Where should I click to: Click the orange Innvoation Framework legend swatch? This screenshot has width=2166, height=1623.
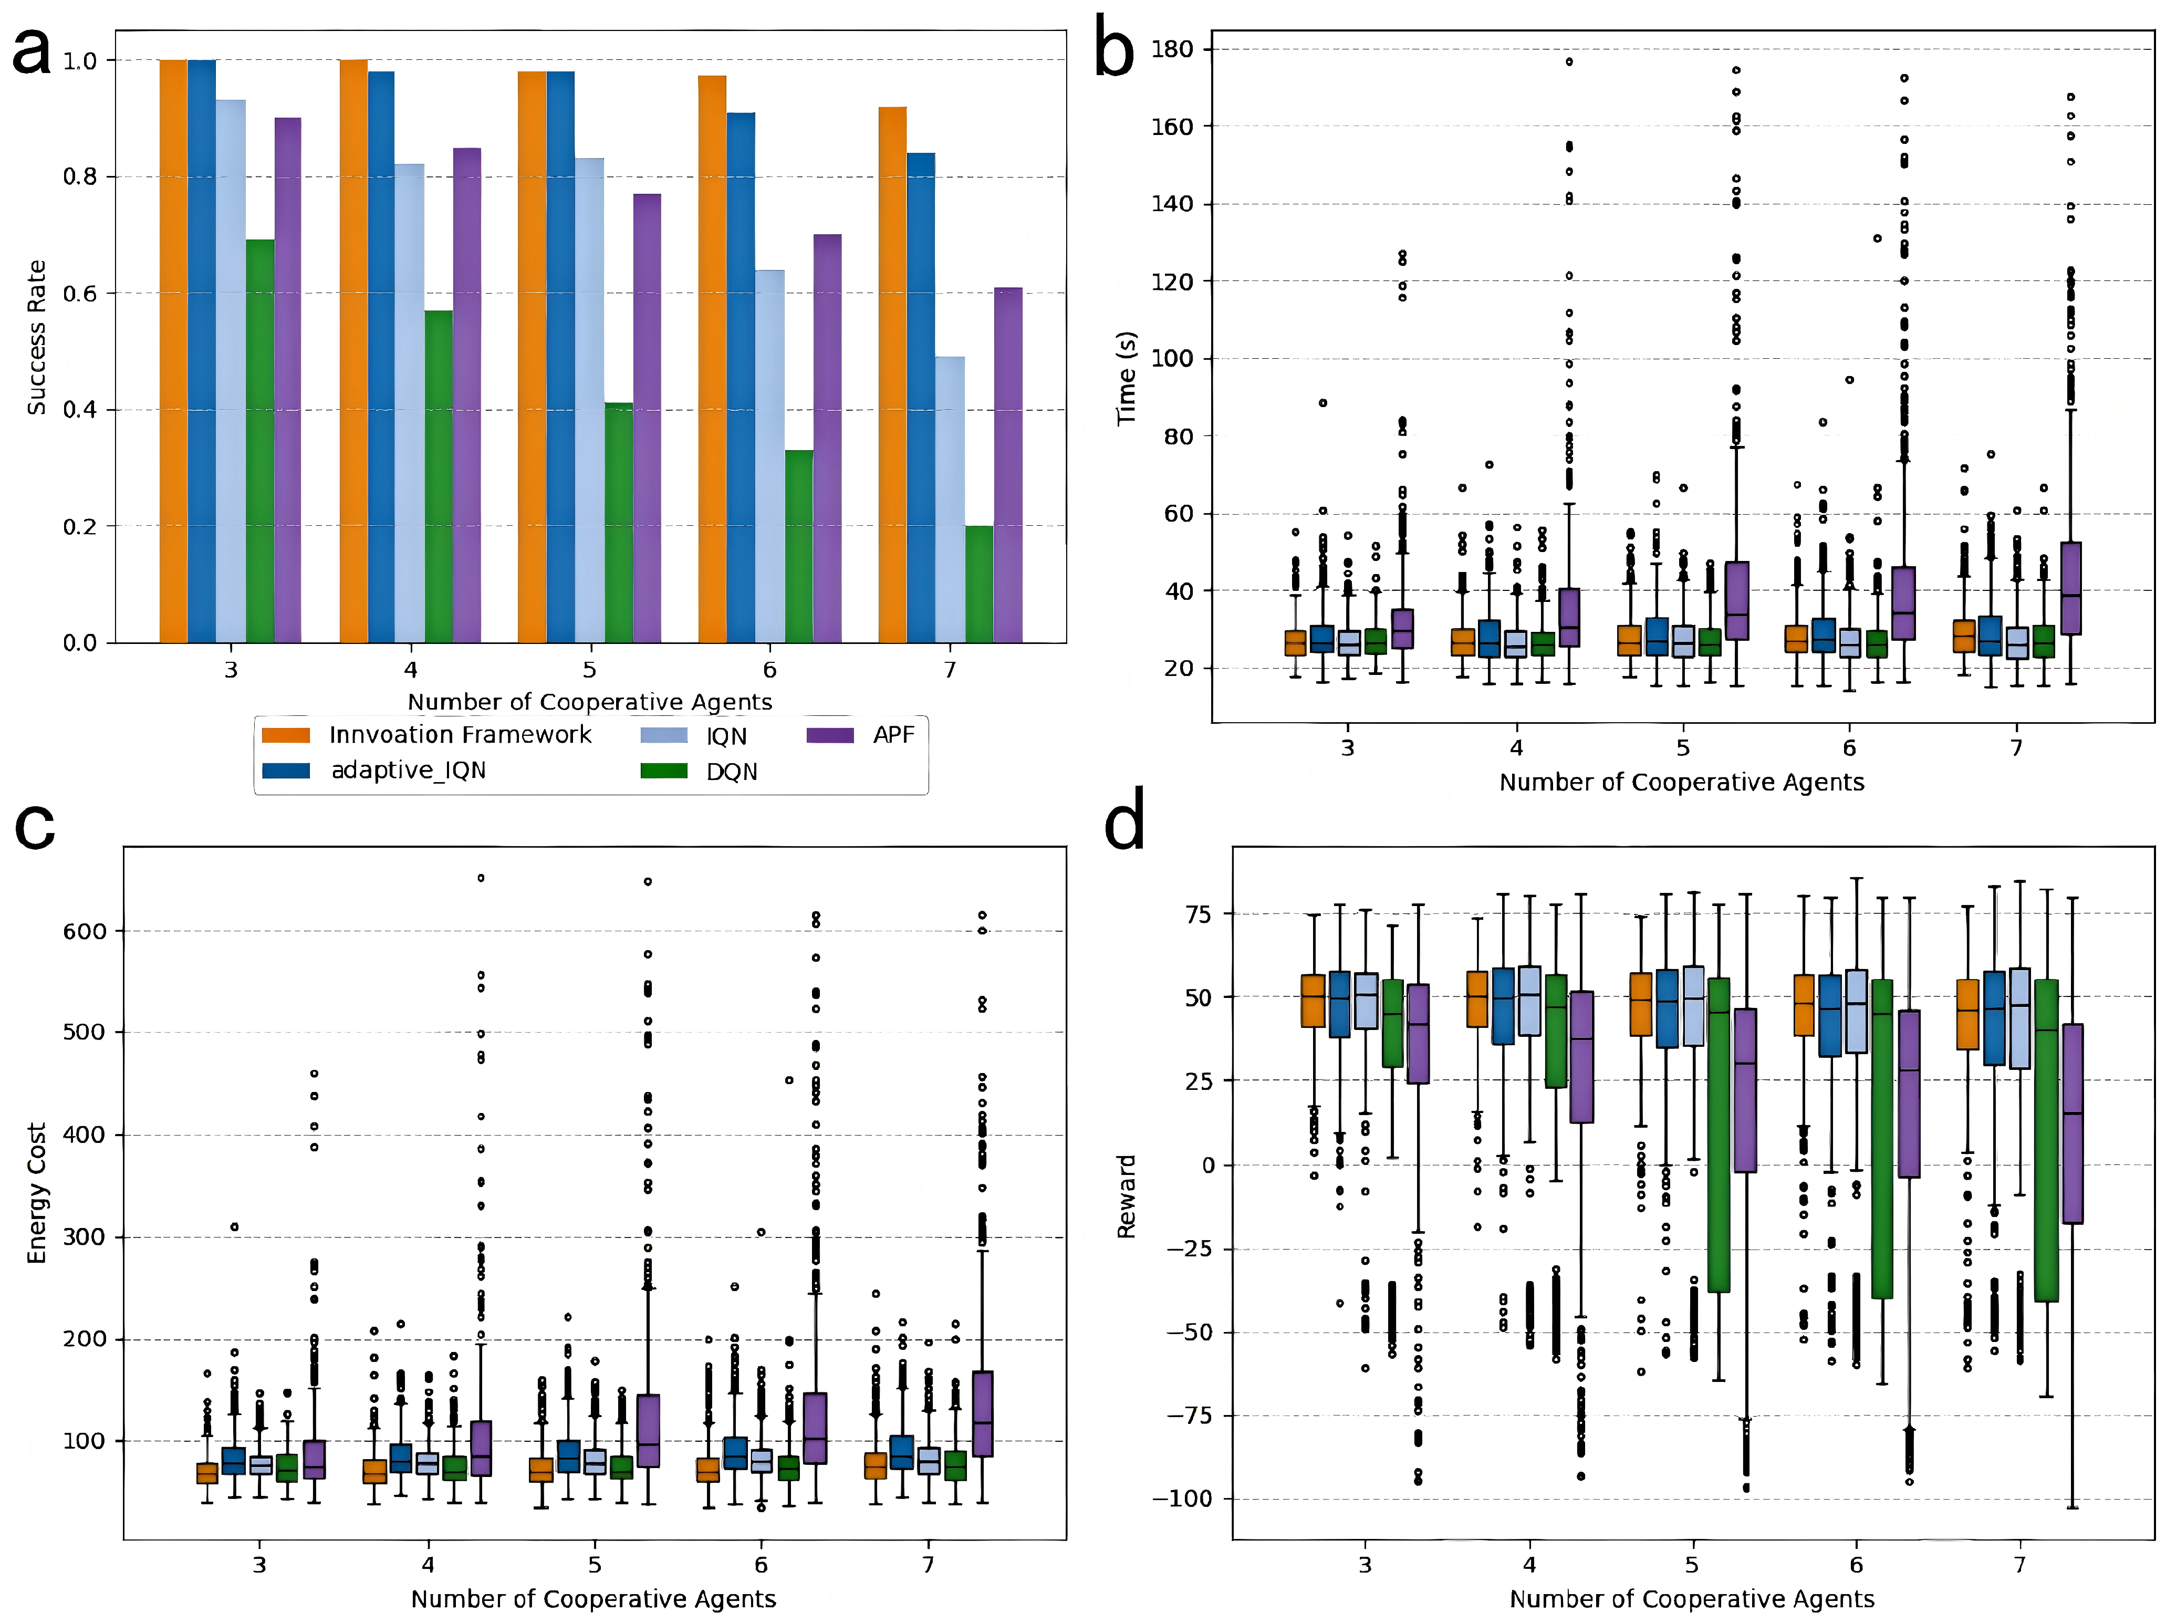286,735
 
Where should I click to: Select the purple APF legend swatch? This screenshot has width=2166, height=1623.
829,735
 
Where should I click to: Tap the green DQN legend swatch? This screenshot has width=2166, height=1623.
664,771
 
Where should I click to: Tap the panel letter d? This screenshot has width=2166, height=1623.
1124,825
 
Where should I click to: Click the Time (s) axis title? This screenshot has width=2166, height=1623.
1127,377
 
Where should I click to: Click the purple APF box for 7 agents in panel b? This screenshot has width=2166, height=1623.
2071,588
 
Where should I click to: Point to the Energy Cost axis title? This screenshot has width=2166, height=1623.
36,1193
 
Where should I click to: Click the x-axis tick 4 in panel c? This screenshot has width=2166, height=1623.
428,1564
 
